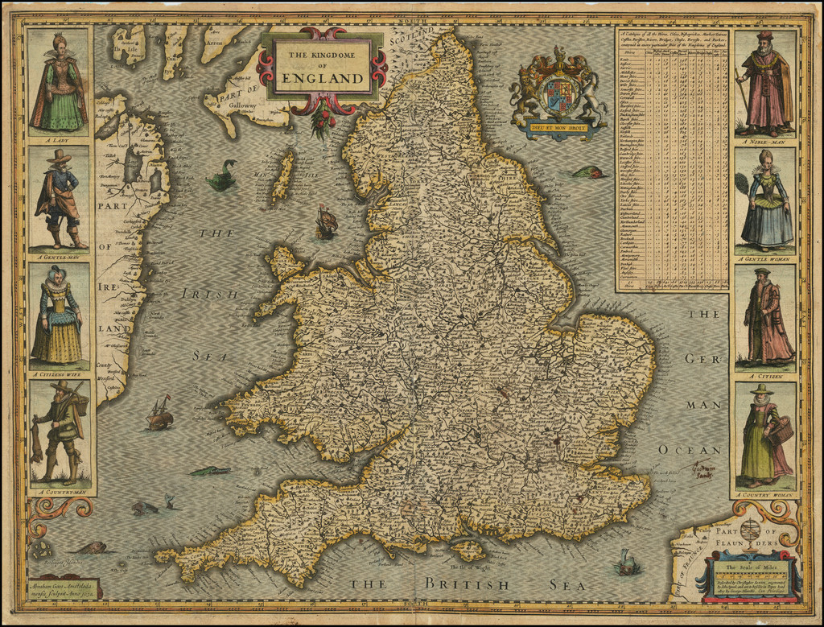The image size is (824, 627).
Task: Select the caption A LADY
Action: [x=58, y=138]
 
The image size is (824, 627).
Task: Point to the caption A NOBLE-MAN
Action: [x=765, y=140]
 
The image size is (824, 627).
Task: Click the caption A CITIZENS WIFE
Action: [x=58, y=373]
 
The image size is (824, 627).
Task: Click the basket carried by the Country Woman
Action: [x=780, y=431]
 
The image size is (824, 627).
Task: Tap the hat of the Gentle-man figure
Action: [x=58, y=156]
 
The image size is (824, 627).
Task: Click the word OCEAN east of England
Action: [x=690, y=449]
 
